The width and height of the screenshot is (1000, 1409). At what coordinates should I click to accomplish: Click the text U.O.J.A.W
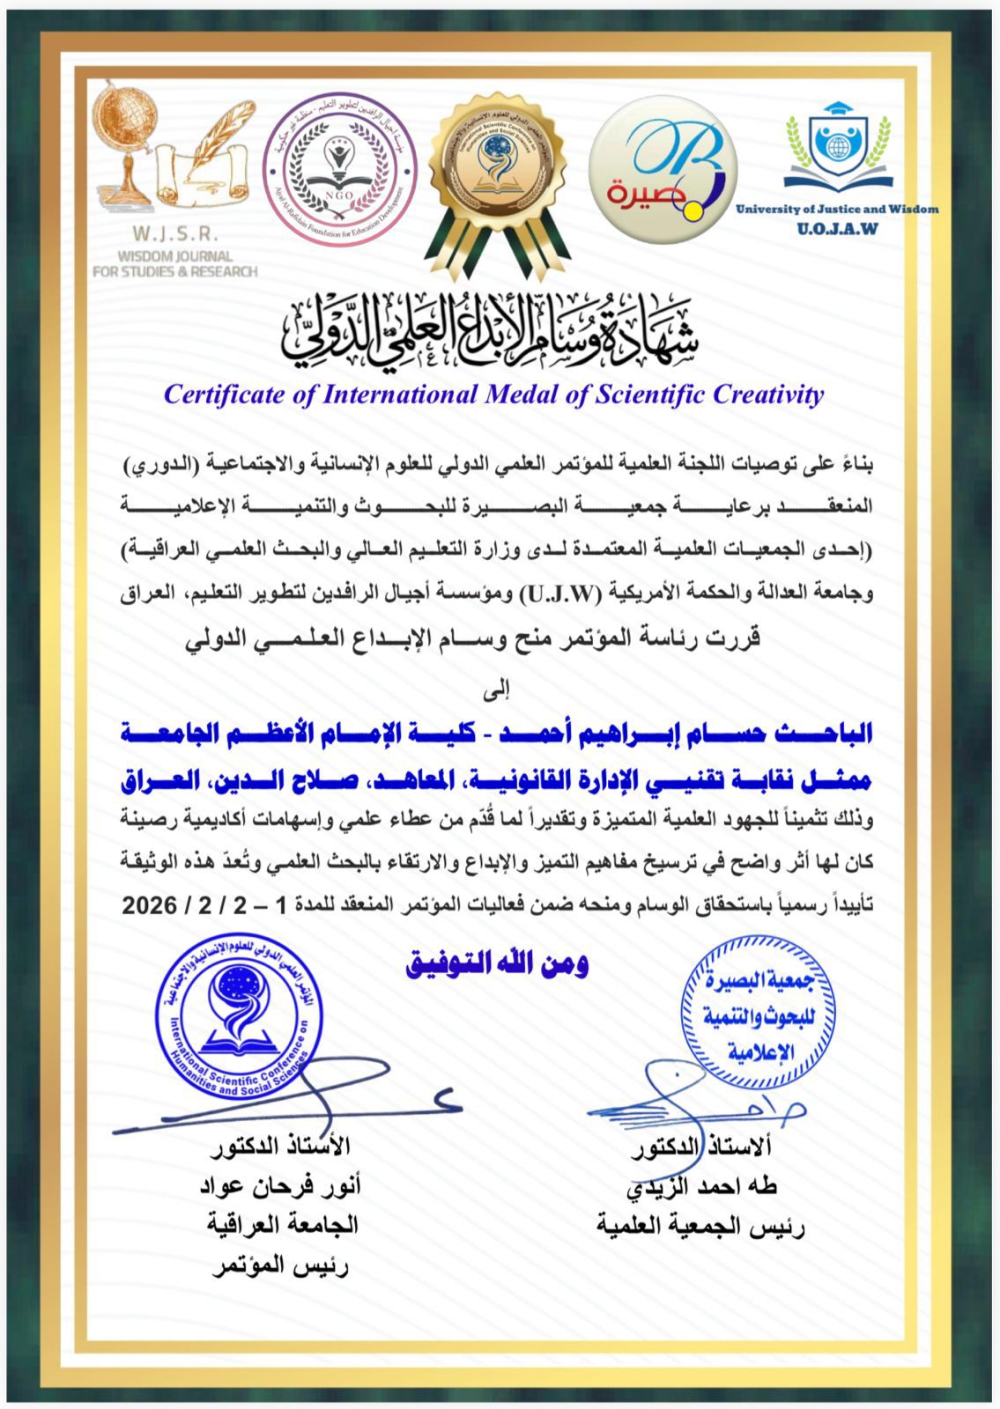(x=837, y=230)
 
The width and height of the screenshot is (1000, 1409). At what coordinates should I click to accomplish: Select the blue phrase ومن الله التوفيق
(x=496, y=963)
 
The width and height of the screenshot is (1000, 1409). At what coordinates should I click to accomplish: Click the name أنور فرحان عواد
(x=280, y=1186)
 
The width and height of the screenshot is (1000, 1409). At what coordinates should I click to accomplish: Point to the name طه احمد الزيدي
(x=701, y=1186)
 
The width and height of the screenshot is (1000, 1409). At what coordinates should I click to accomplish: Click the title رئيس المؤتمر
(x=281, y=1266)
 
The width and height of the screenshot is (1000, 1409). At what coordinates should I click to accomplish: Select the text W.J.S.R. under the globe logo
(x=175, y=235)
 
